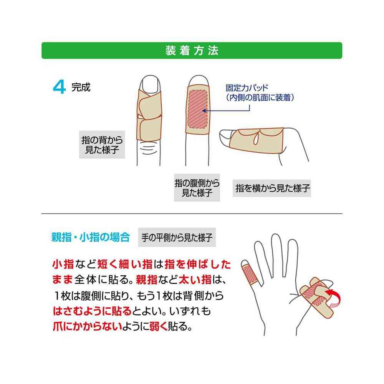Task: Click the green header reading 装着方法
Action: point(192,50)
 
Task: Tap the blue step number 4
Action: point(59,87)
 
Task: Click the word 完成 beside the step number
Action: point(81,87)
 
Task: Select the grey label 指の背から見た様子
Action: point(102,144)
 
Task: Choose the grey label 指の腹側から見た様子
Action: point(197,188)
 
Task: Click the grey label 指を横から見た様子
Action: point(272,188)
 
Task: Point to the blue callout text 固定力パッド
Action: point(247,88)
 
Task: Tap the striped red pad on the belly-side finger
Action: point(197,109)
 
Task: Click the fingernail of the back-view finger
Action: point(150,84)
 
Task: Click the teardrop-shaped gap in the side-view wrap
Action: point(256,139)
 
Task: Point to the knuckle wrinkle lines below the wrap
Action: point(149,149)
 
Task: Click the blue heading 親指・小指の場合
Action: point(91,237)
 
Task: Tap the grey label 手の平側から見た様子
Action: point(177,237)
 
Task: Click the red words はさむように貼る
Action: point(92,311)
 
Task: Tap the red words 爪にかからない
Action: point(88,326)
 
